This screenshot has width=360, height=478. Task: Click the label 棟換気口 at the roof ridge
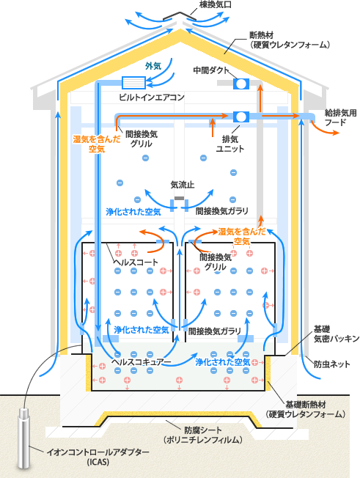point(216,4)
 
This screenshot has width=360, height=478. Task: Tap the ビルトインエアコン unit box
point(133,83)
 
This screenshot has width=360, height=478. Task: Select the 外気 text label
point(153,65)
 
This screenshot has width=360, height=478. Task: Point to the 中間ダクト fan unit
point(241,84)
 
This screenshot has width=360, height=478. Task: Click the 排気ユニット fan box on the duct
point(241,117)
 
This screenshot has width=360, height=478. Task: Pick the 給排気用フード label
point(340,118)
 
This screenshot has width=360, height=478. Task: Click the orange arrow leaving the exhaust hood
point(325,128)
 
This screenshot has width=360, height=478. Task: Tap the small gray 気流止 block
point(179,198)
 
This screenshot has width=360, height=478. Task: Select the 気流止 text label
point(183,185)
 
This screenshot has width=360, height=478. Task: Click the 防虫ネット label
point(332,364)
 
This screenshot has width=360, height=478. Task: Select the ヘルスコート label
point(136,262)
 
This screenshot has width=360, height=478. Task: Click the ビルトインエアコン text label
point(152,98)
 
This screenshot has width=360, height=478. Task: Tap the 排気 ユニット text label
point(230,144)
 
